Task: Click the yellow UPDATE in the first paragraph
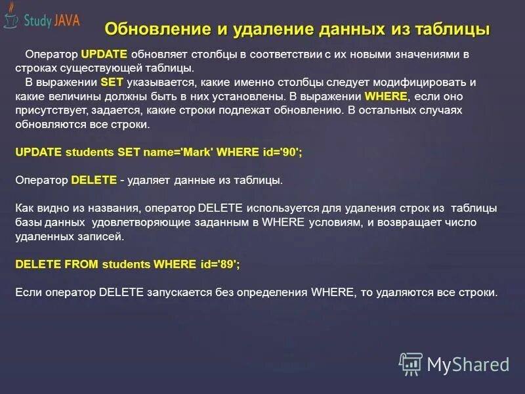(x=104, y=54)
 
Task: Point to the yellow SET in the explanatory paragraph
(x=112, y=82)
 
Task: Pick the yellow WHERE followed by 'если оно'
(x=386, y=96)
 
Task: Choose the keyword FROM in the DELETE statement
(x=81, y=264)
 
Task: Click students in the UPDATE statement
(x=89, y=152)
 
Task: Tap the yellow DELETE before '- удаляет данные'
(x=94, y=179)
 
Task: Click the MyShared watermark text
(x=468, y=364)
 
